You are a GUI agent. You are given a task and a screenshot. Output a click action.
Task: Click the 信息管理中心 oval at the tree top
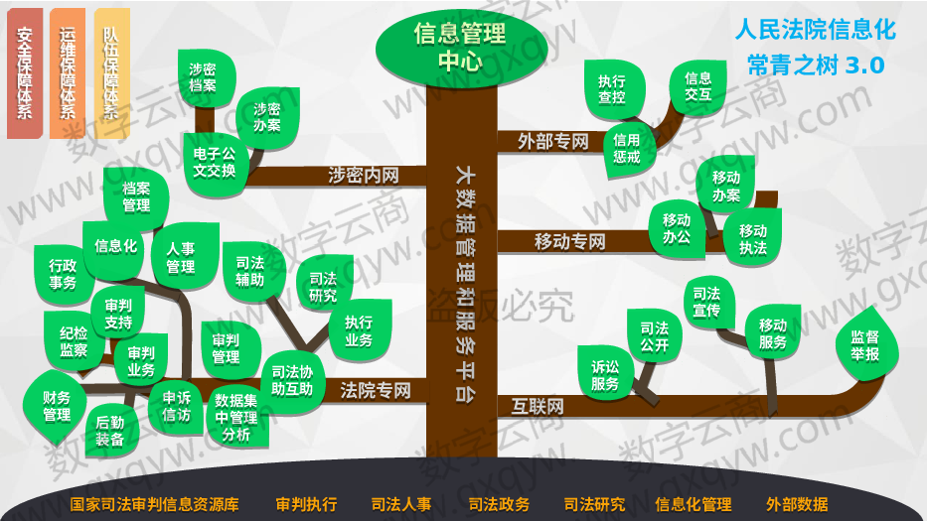coord(461,47)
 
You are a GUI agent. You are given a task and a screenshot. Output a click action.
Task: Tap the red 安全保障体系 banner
coord(25,73)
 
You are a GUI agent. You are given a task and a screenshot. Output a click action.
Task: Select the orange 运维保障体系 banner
coord(68,73)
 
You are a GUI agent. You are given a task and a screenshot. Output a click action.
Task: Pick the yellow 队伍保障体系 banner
coord(111,73)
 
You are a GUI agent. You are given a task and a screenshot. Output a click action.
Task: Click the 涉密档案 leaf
coord(205,78)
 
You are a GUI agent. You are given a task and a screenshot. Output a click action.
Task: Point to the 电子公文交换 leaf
coord(215,164)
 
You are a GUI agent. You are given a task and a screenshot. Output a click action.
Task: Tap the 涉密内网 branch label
coord(364,176)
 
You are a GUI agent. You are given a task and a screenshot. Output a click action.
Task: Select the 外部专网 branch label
coord(552,142)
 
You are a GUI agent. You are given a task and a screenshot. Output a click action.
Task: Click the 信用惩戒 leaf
coord(629,149)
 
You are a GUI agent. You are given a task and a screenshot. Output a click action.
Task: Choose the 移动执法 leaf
coord(752,238)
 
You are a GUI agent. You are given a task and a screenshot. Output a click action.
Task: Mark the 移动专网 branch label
coord(570,241)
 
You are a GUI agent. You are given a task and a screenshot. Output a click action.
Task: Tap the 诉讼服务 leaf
coord(606,373)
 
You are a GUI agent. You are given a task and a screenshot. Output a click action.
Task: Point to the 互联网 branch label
coord(538,407)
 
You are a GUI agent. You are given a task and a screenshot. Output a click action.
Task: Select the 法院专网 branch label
coord(376,390)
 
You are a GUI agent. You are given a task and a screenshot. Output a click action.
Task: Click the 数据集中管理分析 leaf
coord(237,417)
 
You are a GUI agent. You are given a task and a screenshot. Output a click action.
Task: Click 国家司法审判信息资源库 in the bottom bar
coord(154,504)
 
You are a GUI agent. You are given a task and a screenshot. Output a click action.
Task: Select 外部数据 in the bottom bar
coord(797,504)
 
